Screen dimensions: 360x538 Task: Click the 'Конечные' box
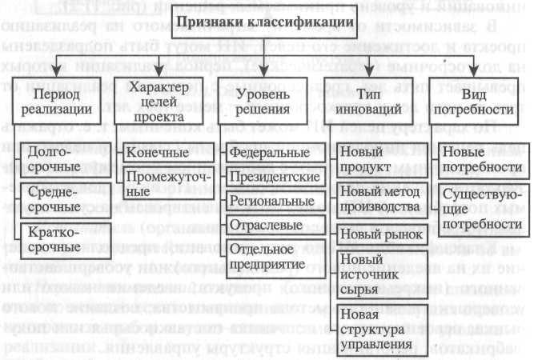[158, 152]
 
